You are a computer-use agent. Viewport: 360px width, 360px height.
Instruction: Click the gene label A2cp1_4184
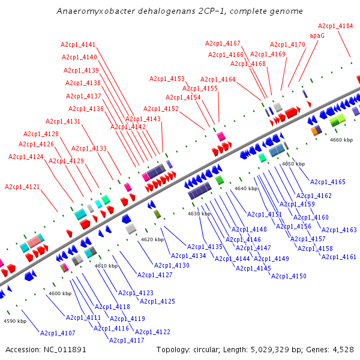(x=335, y=26)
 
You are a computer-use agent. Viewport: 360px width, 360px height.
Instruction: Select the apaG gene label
(x=317, y=35)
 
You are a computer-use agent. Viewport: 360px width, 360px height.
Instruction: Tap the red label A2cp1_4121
(x=22, y=187)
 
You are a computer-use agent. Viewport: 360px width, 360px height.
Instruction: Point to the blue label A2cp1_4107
(x=58, y=333)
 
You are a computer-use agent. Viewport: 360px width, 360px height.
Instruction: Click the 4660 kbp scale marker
(x=341, y=140)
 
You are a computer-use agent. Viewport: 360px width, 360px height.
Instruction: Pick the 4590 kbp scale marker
(x=15, y=321)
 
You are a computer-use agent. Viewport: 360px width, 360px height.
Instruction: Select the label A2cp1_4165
(x=328, y=182)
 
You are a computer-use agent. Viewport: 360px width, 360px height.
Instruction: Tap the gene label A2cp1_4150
(x=289, y=276)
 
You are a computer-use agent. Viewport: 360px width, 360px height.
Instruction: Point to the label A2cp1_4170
(x=287, y=44)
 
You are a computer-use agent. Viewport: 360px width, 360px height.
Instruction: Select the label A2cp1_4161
(x=339, y=257)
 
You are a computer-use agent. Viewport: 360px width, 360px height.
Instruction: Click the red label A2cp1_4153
(x=167, y=79)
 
